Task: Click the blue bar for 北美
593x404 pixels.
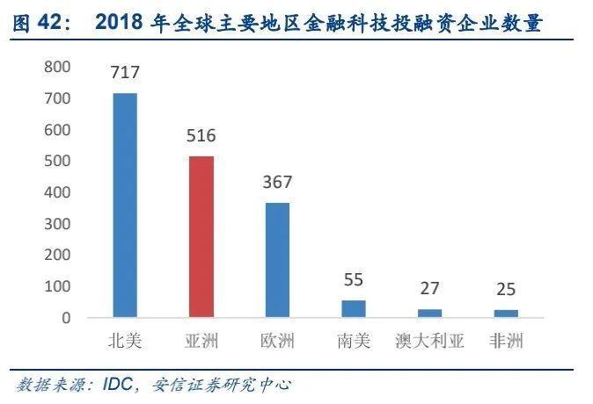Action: [125, 205]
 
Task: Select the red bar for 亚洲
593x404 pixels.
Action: [201, 236]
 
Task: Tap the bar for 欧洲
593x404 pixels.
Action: [277, 260]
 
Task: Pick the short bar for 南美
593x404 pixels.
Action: [354, 308]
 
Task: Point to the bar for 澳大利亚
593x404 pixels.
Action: [429, 313]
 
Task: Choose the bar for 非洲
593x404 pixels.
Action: [506, 313]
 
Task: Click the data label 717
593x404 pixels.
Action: [125, 73]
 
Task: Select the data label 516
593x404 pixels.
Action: [201, 136]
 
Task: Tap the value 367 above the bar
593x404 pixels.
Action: [277, 183]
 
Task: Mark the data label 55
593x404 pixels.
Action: [354, 280]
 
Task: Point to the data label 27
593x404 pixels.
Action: [429, 289]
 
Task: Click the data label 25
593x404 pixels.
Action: [506, 290]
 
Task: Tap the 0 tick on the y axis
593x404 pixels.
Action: [65, 318]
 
